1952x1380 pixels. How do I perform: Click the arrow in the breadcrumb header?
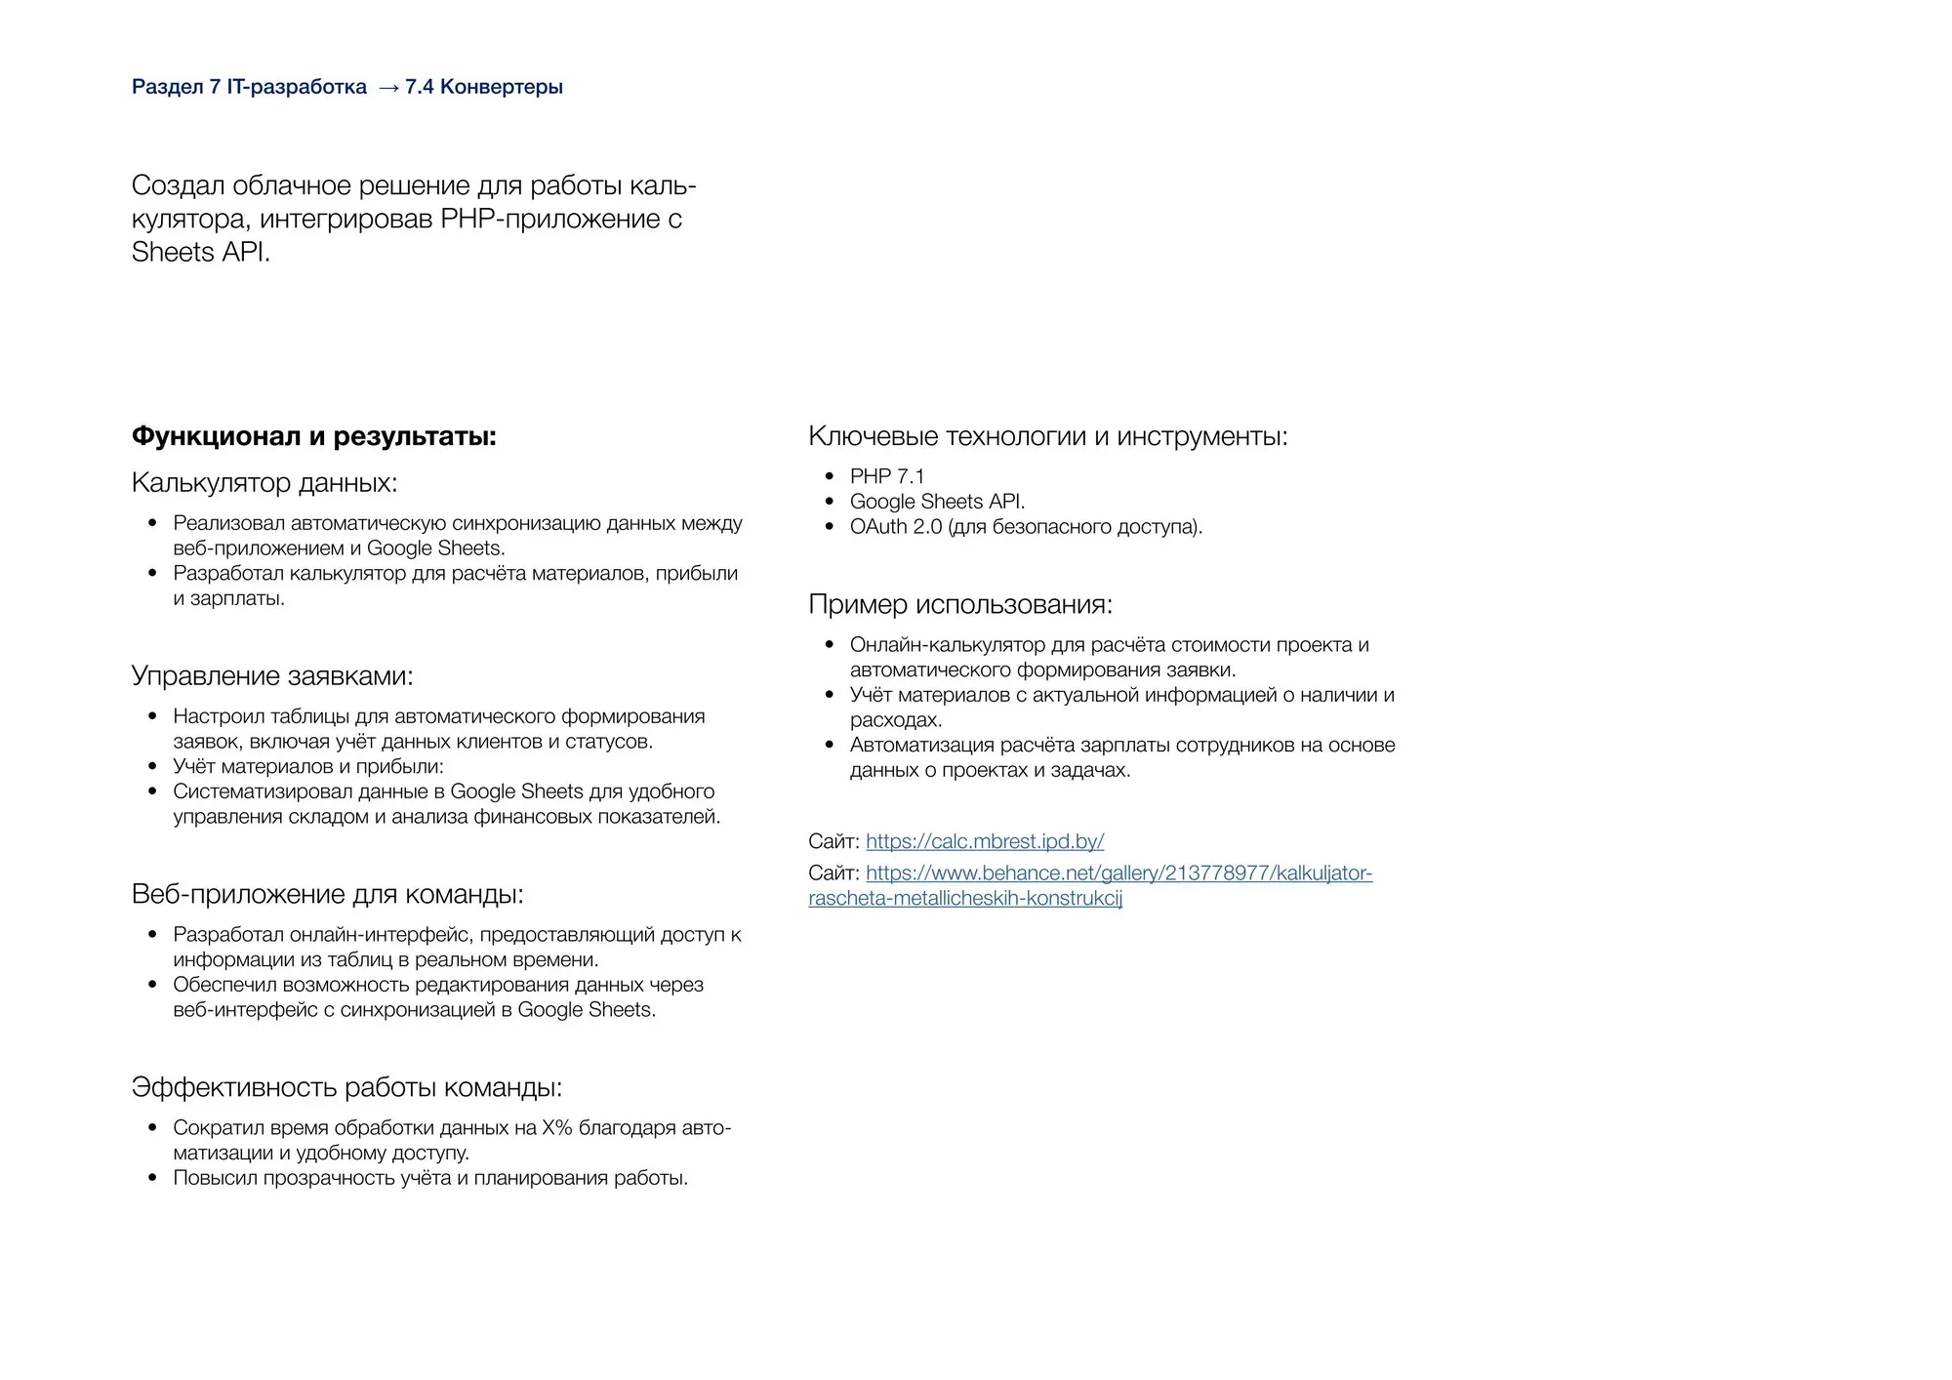pyautogui.click(x=387, y=88)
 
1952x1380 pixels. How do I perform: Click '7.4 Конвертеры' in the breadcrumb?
pyautogui.click(x=484, y=87)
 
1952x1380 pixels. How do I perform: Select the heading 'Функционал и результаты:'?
pyautogui.click(x=313, y=436)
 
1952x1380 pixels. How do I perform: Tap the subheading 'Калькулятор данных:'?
pyautogui.click(x=264, y=483)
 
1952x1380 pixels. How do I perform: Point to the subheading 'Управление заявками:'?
pyautogui.click(x=272, y=676)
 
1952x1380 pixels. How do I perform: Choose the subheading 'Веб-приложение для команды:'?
pyautogui.click(x=327, y=894)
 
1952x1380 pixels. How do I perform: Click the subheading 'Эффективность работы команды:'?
pyautogui.click(x=346, y=1087)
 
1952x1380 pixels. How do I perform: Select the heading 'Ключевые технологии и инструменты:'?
pyautogui.click(x=1047, y=436)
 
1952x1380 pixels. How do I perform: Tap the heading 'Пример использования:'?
pyautogui.click(x=960, y=605)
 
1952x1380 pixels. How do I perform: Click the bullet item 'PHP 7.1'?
pyautogui.click(x=886, y=476)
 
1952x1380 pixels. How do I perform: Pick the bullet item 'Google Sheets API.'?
pyautogui.click(x=937, y=502)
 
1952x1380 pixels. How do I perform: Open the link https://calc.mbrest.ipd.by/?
pyautogui.click(x=985, y=841)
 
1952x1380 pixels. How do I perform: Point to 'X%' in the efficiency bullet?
pyautogui.click(x=557, y=1128)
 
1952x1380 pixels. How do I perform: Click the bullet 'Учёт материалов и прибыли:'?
pyautogui.click(x=307, y=767)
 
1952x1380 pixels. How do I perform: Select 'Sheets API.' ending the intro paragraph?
pyautogui.click(x=201, y=252)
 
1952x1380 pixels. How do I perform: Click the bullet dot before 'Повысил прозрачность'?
pyautogui.click(x=152, y=1178)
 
